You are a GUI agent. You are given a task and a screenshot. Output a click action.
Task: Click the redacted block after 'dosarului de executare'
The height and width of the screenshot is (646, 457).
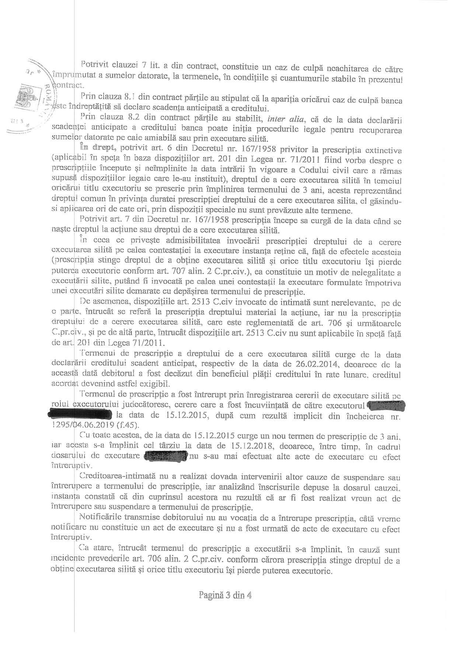pos(165,457)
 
